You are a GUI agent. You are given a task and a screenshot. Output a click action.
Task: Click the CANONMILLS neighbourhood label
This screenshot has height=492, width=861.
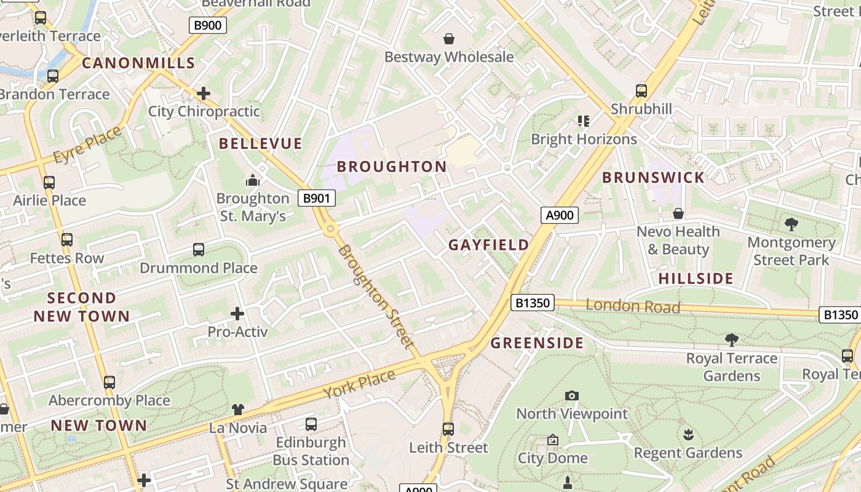tap(138, 63)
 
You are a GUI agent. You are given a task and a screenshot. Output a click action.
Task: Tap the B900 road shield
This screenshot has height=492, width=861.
tap(207, 25)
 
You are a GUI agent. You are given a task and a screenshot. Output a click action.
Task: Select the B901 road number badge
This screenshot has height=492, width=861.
tap(317, 198)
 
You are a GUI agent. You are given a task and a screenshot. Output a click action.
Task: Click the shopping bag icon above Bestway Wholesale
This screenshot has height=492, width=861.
tap(449, 39)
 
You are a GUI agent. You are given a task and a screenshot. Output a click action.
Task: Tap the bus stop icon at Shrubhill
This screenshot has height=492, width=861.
tap(641, 91)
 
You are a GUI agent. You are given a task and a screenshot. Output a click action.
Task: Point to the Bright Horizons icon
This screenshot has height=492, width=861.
tap(583, 121)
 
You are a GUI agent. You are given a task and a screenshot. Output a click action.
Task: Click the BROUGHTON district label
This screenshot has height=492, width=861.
tap(392, 167)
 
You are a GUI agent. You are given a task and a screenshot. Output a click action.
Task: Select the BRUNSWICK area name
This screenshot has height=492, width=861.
tap(653, 178)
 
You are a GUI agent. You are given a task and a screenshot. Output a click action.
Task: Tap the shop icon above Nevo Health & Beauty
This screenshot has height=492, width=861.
tap(678, 214)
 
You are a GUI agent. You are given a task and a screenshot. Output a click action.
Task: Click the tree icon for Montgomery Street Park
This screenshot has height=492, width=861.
tap(791, 224)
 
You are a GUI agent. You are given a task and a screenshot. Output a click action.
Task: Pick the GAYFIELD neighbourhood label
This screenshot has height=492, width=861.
tap(488, 245)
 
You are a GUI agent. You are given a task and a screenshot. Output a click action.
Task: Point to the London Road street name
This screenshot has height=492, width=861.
tap(633, 306)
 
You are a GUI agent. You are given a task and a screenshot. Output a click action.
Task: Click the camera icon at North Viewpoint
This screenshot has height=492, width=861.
tap(572, 396)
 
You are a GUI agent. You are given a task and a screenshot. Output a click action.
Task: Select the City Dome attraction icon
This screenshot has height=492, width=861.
tap(552, 440)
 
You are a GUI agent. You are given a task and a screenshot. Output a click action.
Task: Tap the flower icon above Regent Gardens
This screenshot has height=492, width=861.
tap(688, 435)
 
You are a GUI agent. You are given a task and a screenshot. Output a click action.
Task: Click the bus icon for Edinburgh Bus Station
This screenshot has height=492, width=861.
tap(311, 424)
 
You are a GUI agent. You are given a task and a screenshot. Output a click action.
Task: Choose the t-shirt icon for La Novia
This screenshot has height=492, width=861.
tap(238, 410)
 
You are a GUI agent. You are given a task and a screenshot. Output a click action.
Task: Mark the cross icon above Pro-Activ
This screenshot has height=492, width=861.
tap(237, 314)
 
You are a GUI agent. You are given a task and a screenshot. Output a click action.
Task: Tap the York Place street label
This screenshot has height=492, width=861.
tap(359, 384)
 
